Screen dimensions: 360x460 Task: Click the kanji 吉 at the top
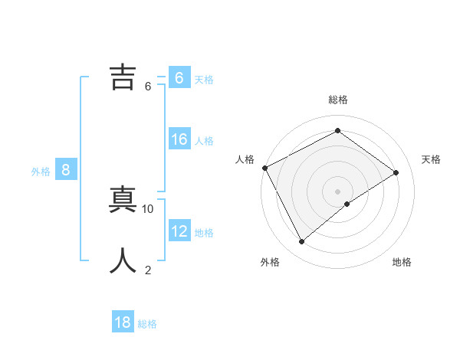pos(123,77)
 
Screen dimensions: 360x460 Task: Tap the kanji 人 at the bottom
pos(123,261)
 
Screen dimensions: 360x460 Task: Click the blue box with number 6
pos(179,77)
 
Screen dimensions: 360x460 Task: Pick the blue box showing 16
pos(179,139)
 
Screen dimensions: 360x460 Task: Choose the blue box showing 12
pos(179,231)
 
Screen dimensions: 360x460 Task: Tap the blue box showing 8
pos(66,170)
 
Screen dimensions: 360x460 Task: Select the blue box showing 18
pos(123,322)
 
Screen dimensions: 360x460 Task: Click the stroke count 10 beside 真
pos(148,208)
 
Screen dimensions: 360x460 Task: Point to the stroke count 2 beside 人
pos(148,270)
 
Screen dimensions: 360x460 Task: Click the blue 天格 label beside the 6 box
pos(204,79)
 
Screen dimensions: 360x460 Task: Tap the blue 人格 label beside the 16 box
pos(204,141)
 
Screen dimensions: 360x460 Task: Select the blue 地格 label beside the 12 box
pos(204,232)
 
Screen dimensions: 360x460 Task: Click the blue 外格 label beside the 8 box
pos(41,172)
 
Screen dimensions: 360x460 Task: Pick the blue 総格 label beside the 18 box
pos(147,324)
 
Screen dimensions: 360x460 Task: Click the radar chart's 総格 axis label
pos(338,100)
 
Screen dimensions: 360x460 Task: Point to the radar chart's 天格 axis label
pos(431,159)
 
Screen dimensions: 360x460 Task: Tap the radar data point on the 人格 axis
pos(264,168)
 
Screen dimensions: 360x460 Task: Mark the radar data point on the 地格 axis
pos(347,204)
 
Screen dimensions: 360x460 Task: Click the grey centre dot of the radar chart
pos(337,191)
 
